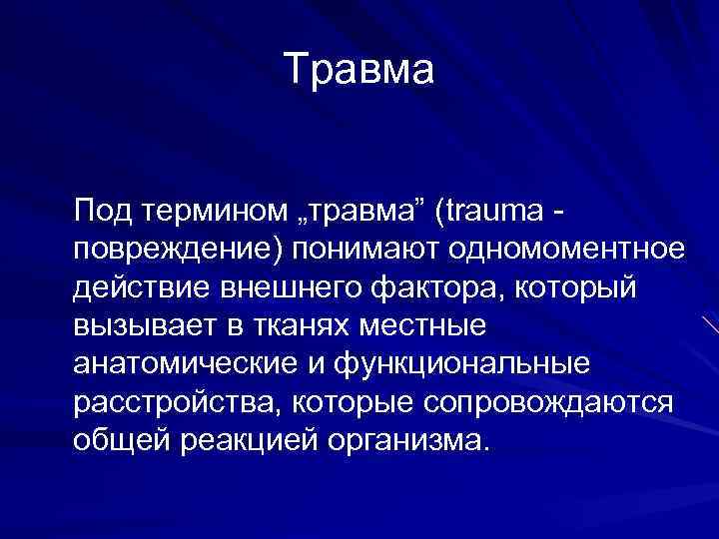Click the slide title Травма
359,70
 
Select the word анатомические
184,364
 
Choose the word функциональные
455,364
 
